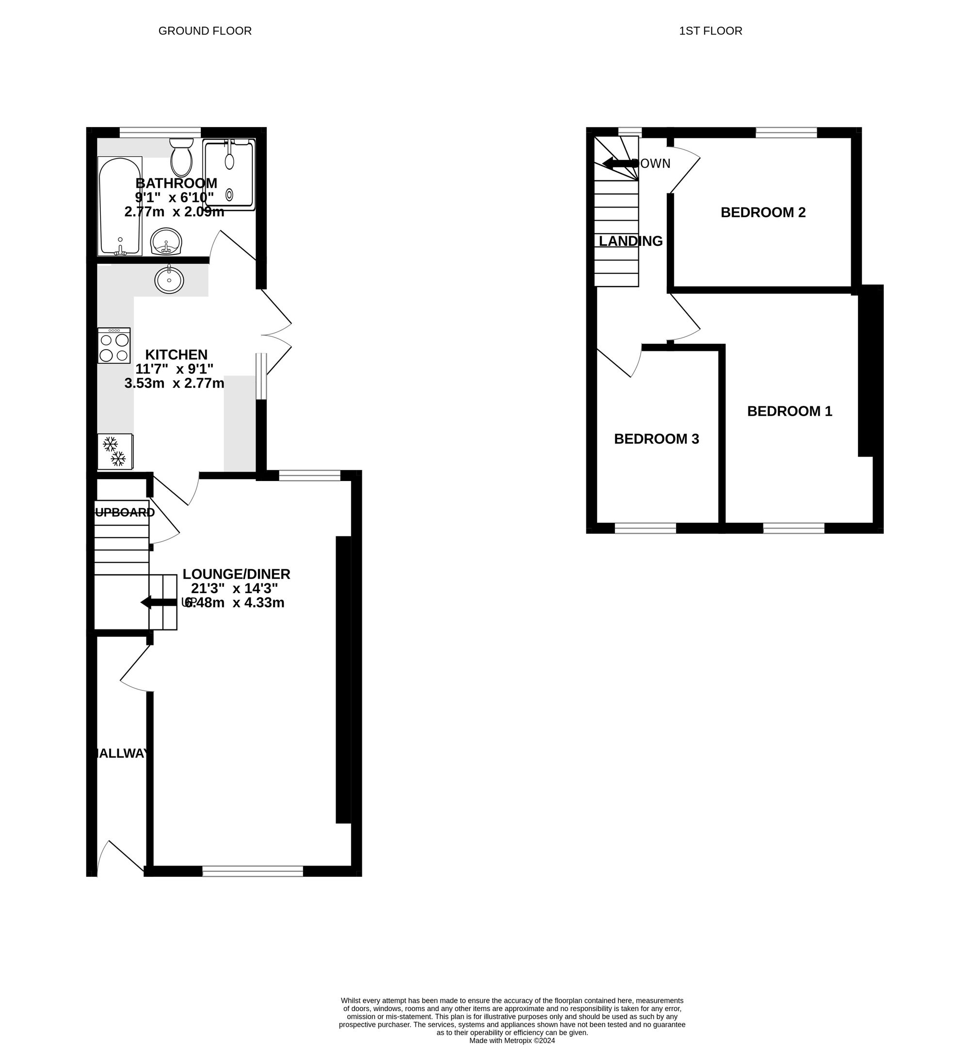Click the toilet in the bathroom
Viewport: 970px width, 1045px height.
(x=181, y=158)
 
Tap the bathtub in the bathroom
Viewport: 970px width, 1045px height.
(x=120, y=206)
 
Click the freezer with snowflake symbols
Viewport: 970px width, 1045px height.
(x=115, y=451)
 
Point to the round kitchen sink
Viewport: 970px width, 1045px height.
(x=169, y=279)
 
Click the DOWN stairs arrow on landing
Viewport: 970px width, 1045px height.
(x=620, y=163)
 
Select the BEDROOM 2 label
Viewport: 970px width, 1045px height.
(x=763, y=212)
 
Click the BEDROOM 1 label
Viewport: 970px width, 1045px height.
(x=790, y=411)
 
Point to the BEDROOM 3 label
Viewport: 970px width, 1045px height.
(x=656, y=439)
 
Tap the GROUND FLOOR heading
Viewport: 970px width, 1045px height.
(x=205, y=31)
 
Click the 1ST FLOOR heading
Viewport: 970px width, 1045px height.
(x=710, y=31)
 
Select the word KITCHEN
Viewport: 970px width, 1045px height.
(x=177, y=354)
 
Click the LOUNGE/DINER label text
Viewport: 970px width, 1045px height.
(x=236, y=574)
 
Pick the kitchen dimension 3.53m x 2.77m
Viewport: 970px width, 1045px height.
(x=174, y=383)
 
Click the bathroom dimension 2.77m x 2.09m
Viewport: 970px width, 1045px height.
(x=174, y=212)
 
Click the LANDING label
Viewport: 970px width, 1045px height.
(x=630, y=241)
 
